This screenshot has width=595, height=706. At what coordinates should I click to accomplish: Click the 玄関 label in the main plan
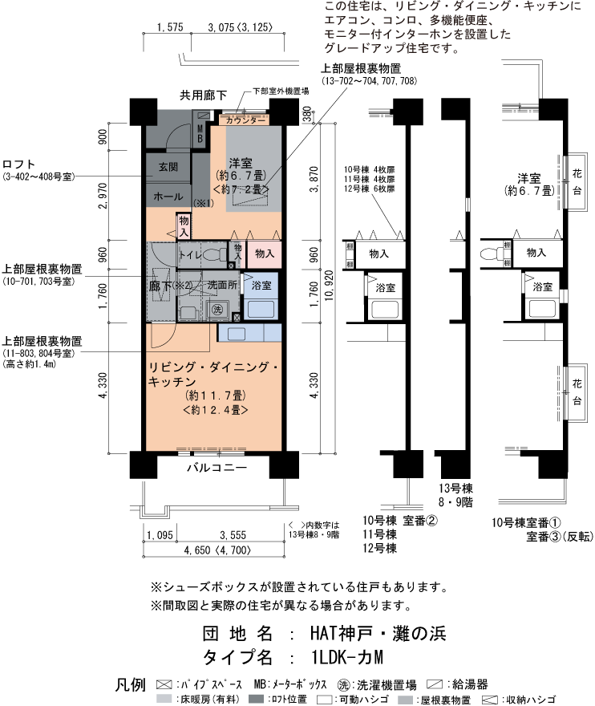click(168, 166)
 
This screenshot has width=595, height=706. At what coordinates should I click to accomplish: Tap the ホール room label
click(168, 195)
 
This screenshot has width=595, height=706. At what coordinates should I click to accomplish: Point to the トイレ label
click(190, 254)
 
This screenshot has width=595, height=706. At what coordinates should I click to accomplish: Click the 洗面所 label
click(222, 285)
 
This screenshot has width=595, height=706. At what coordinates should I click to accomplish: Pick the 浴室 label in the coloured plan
click(261, 286)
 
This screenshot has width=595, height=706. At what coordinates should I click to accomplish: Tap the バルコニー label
click(217, 467)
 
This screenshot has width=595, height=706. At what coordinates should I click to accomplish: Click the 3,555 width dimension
click(233, 535)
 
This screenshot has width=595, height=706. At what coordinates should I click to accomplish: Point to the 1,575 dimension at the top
click(172, 27)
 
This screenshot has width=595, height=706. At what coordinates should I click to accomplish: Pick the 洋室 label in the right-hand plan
click(528, 176)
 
